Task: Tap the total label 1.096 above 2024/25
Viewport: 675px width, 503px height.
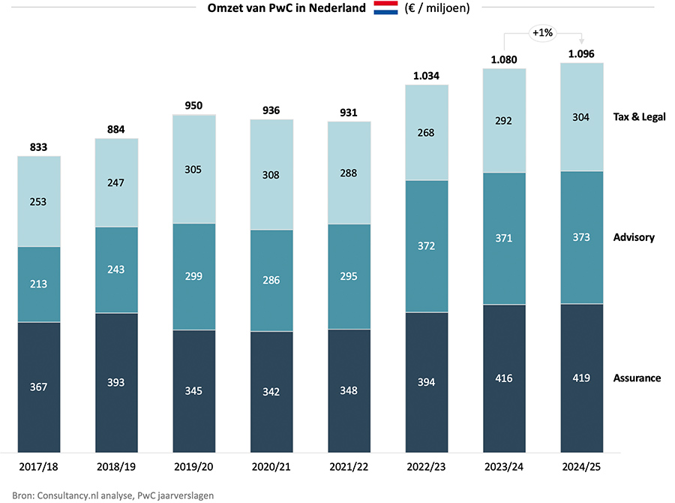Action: [582, 53]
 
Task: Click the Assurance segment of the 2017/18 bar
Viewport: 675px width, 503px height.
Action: [39, 387]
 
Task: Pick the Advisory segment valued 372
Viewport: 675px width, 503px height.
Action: [427, 246]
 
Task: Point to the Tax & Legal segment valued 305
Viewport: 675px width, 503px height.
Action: [194, 169]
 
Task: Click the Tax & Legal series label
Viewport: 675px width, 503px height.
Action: [639, 116]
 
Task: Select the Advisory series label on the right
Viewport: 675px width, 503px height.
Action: [634, 237]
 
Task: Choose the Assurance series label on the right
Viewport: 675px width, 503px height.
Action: [637, 378]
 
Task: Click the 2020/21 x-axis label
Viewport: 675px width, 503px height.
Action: [271, 466]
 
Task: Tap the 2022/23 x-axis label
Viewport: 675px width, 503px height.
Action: [427, 466]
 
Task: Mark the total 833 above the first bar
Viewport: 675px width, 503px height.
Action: [39, 147]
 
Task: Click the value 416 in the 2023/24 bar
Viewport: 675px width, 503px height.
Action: [504, 378]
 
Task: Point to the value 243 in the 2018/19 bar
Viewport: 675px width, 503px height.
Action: [116, 270]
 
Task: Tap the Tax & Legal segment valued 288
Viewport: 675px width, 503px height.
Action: [349, 173]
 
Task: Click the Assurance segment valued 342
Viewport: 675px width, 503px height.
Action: [271, 391]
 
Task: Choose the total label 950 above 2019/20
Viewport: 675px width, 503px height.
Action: [194, 105]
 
